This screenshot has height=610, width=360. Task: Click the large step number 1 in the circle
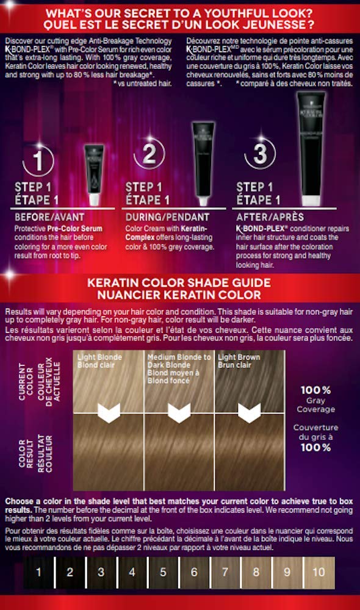[38, 162]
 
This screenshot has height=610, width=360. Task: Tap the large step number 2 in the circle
[149, 155]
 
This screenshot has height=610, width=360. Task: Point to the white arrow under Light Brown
[249, 413]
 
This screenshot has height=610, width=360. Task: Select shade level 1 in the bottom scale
[38, 572]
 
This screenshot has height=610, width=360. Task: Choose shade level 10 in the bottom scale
[319, 572]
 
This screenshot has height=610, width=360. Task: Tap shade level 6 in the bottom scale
[195, 572]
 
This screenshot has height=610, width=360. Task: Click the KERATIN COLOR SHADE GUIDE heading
[179, 283]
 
